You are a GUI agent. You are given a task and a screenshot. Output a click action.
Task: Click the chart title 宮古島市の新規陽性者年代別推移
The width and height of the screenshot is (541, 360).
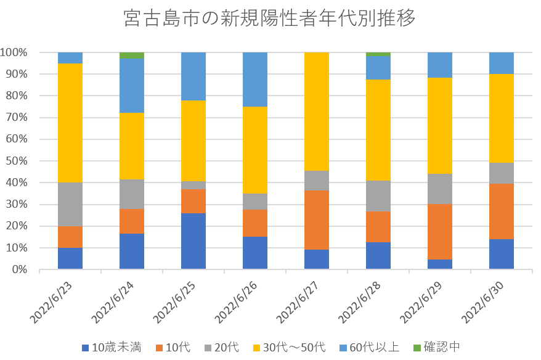click(270, 18)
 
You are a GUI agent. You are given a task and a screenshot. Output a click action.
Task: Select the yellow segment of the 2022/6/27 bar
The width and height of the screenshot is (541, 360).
click(316, 112)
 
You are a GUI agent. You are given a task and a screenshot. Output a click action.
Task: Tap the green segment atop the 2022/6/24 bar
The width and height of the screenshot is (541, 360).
click(131, 55)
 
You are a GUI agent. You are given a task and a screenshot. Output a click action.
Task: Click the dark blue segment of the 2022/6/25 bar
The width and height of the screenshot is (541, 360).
click(193, 241)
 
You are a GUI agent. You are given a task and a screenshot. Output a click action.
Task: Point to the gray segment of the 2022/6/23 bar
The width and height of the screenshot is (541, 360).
click(70, 204)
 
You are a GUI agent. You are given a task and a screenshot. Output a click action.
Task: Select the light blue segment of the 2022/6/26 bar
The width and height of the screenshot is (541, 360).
click(254, 80)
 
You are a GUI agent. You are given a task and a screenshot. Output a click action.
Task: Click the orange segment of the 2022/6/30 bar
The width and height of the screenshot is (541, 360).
click(501, 211)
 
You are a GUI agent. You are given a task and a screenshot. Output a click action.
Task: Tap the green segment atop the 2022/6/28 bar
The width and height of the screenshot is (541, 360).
click(378, 54)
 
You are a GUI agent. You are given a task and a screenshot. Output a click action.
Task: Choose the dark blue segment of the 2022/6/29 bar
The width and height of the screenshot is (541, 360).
click(439, 264)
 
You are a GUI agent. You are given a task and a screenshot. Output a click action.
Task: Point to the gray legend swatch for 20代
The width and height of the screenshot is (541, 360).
click(209, 348)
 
